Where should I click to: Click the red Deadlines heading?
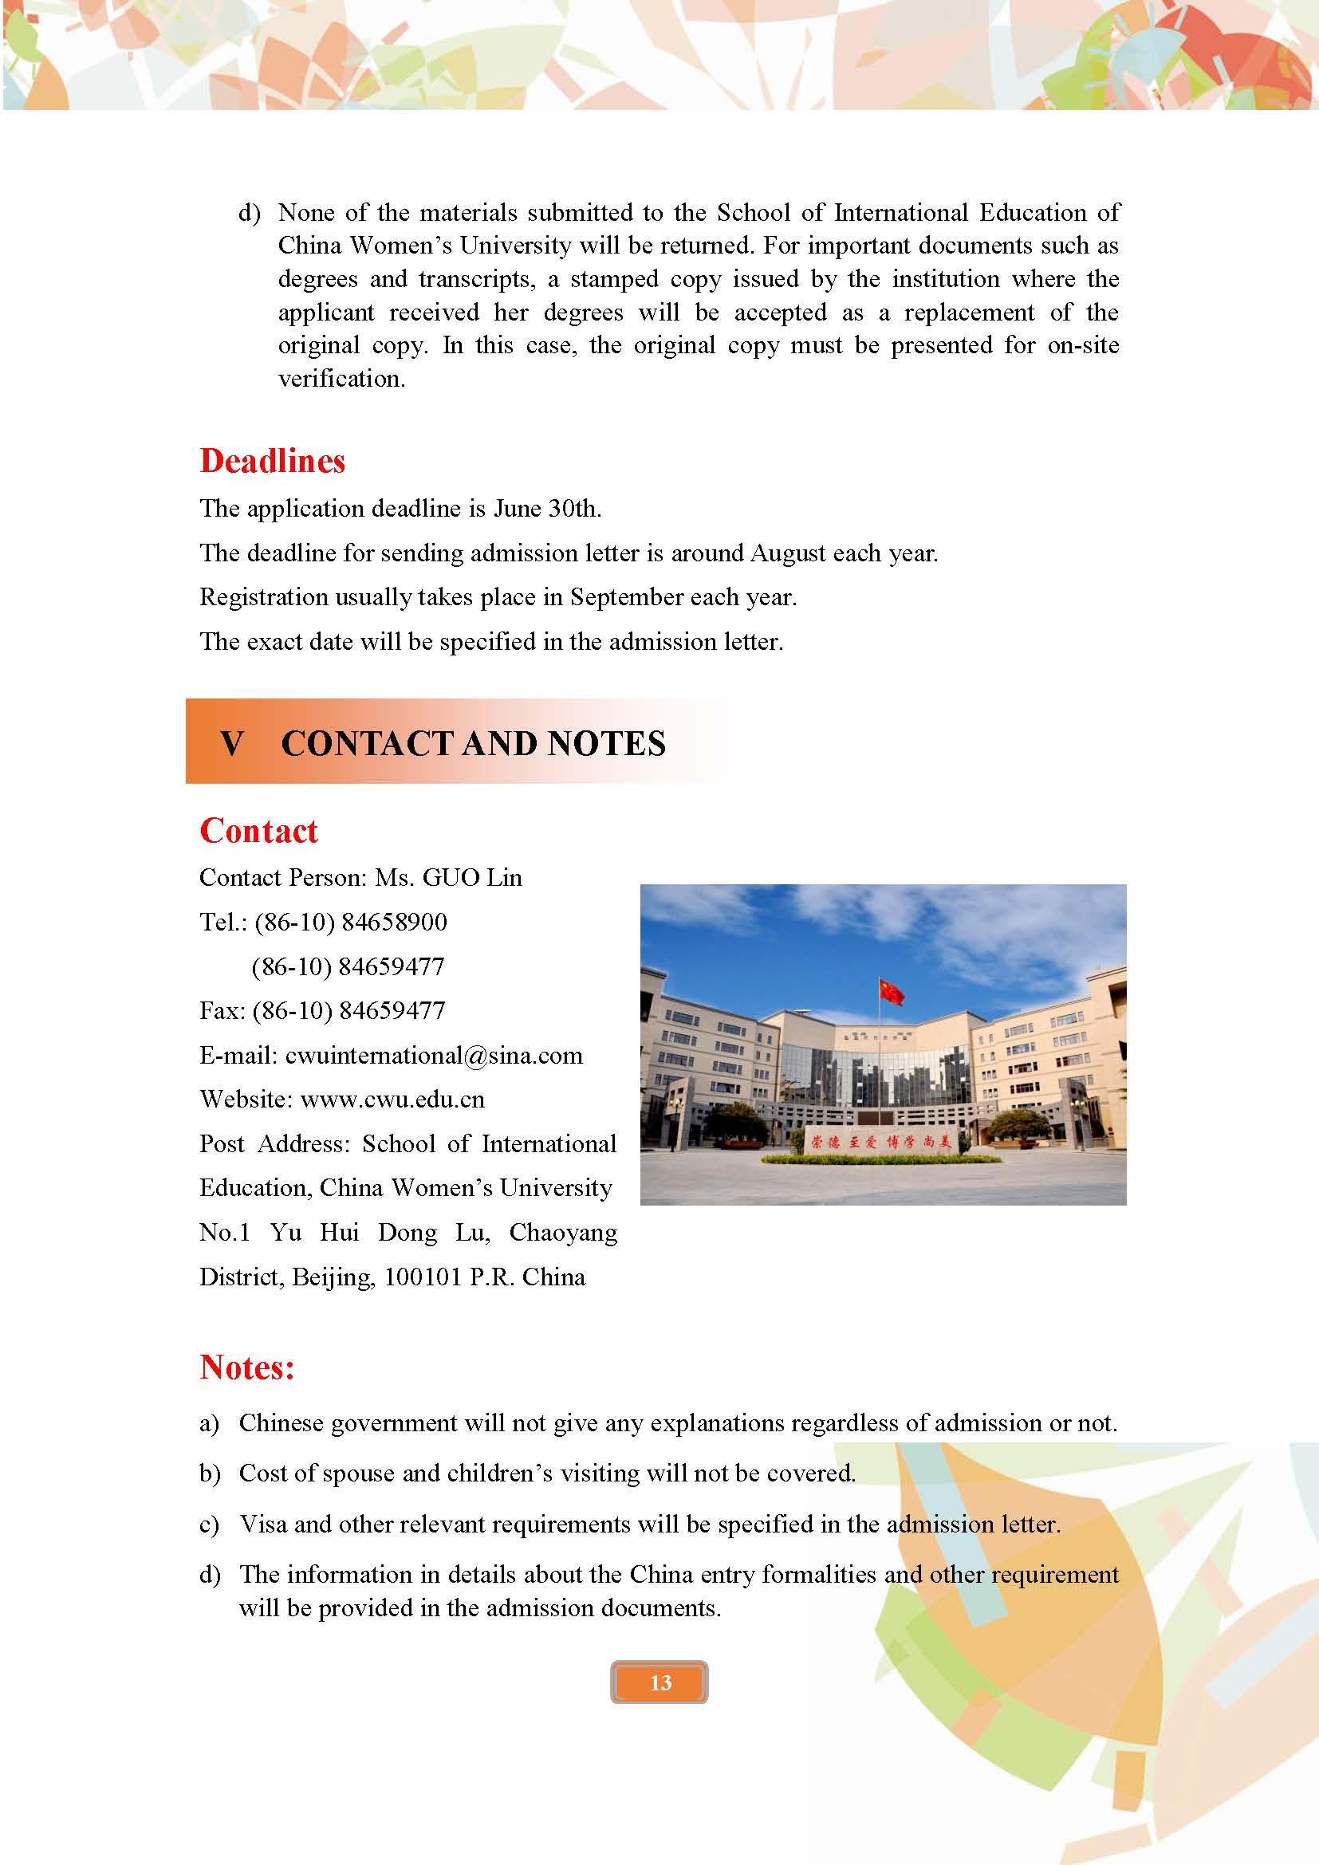pyautogui.click(x=272, y=461)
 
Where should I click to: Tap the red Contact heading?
pyautogui.click(x=258, y=830)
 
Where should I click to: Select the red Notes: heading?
pyautogui.click(x=247, y=1367)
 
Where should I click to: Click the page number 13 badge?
pyautogui.click(x=659, y=1682)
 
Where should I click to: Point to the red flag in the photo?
pyautogui.click(x=891, y=991)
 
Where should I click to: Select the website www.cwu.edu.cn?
pyautogui.click(x=392, y=1099)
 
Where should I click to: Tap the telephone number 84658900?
pyautogui.click(x=394, y=922)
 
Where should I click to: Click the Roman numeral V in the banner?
pyautogui.click(x=232, y=743)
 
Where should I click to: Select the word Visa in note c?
pyautogui.click(x=263, y=1524)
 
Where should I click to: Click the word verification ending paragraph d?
pyautogui.click(x=341, y=379)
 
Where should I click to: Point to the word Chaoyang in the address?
pyautogui.click(x=563, y=1232)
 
